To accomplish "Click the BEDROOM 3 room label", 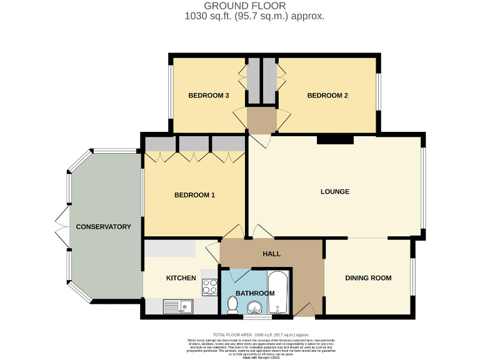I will pos(209,96).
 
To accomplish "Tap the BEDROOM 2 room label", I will pos(327,96).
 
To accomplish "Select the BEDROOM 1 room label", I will pos(194,195).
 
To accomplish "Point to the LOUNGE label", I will pos(335,191).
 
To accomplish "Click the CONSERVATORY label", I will pos(104,226).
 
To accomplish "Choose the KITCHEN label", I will pos(181,278).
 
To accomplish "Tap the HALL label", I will pos(272,254).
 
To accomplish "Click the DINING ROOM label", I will pos(368,278).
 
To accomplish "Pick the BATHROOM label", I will pos(255,293).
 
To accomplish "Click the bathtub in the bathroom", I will pos(279,292).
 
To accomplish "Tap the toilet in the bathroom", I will pos(232,305).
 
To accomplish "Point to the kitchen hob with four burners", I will pos(209,287).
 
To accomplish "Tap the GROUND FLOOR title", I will pos(255,6).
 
